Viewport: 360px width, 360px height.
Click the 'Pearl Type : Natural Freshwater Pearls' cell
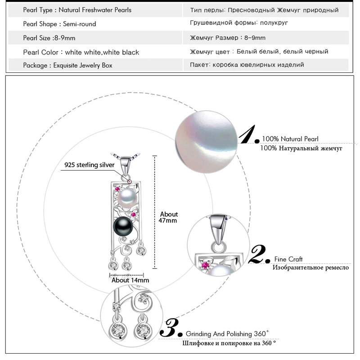pyautogui.click(x=77, y=10)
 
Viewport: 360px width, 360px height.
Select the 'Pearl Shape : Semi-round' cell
pyautogui.click(x=59, y=24)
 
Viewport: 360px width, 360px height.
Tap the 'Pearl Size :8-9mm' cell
pyautogui.click(x=49, y=38)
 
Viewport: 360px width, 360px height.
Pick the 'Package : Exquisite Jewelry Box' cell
pyautogui.click(x=67, y=65)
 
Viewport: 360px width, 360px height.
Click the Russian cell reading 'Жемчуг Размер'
pyautogui.click(x=228, y=38)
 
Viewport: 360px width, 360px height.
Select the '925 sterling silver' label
pyautogui.click(x=90, y=165)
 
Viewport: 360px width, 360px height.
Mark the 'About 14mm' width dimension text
pyautogui.click(x=130, y=280)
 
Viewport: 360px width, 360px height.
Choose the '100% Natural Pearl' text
pyautogui.click(x=290, y=139)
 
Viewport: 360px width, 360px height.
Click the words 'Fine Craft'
pyautogui.click(x=288, y=259)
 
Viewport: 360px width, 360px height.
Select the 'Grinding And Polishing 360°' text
pyautogui.click(x=227, y=333)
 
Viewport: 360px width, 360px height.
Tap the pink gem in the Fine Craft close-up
pyautogui.click(x=207, y=263)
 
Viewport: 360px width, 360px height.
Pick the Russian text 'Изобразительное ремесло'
pyautogui.click(x=310, y=267)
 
